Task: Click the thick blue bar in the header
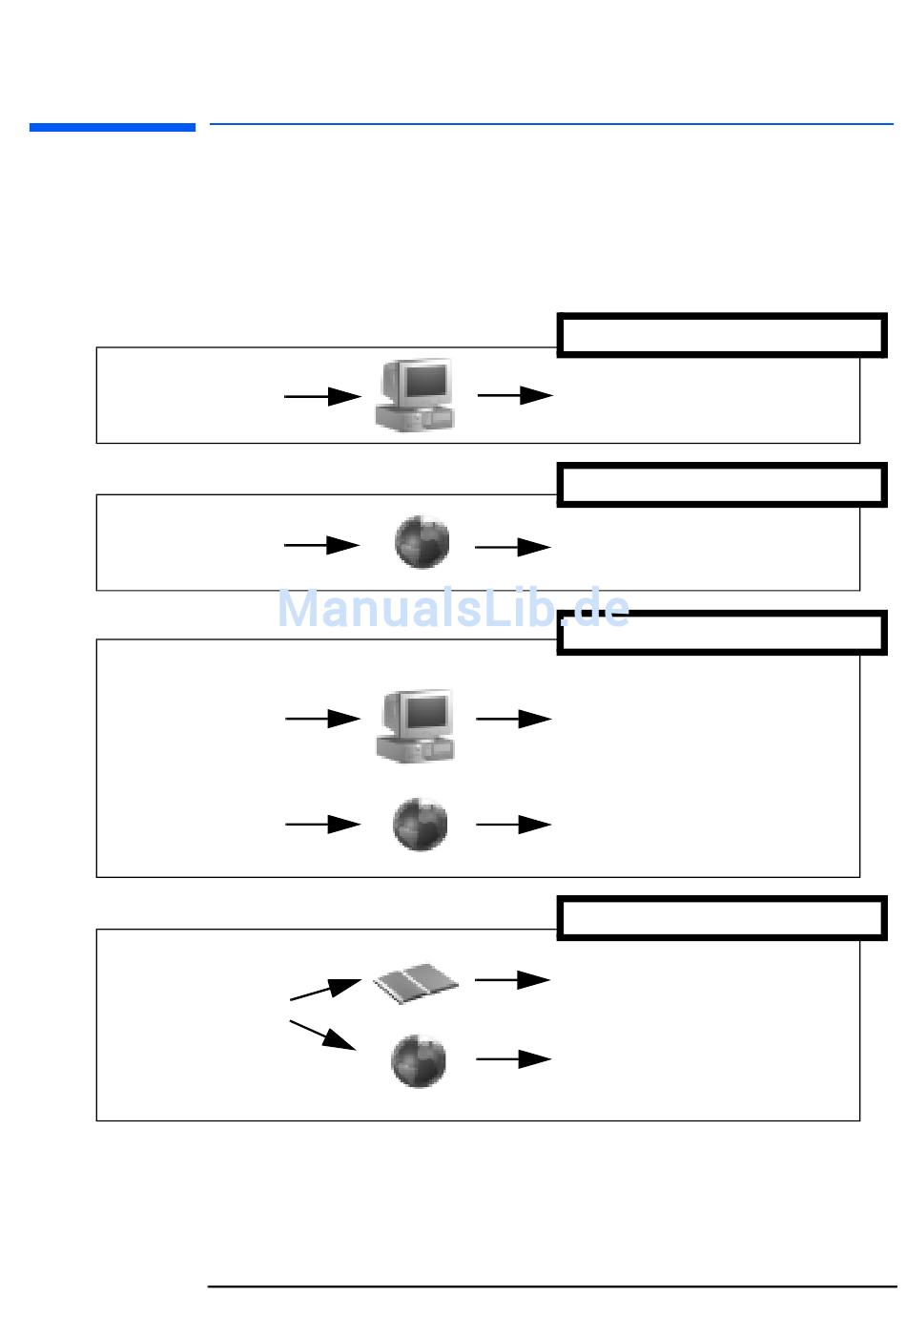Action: (x=113, y=127)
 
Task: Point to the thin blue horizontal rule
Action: (x=551, y=124)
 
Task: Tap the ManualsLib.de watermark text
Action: (x=453, y=609)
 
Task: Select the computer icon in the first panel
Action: (x=416, y=395)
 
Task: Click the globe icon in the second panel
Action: (x=422, y=542)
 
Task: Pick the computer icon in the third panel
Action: (x=416, y=725)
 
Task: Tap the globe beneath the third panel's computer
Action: (x=421, y=825)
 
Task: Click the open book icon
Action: (x=415, y=982)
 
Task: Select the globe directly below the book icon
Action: (x=419, y=1060)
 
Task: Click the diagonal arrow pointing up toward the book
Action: (x=324, y=989)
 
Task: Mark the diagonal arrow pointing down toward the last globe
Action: (x=322, y=1035)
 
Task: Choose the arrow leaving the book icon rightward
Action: (x=512, y=979)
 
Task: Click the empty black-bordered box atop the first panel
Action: (x=722, y=335)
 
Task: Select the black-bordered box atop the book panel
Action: (x=722, y=918)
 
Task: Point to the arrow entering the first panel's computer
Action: (x=322, y=396)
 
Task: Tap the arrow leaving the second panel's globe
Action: (x=512, y=547)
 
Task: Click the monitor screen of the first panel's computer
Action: (x=425, y=382)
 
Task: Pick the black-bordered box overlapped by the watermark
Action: (x=722, y=632)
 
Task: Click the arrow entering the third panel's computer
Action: (x=322, y=719)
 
